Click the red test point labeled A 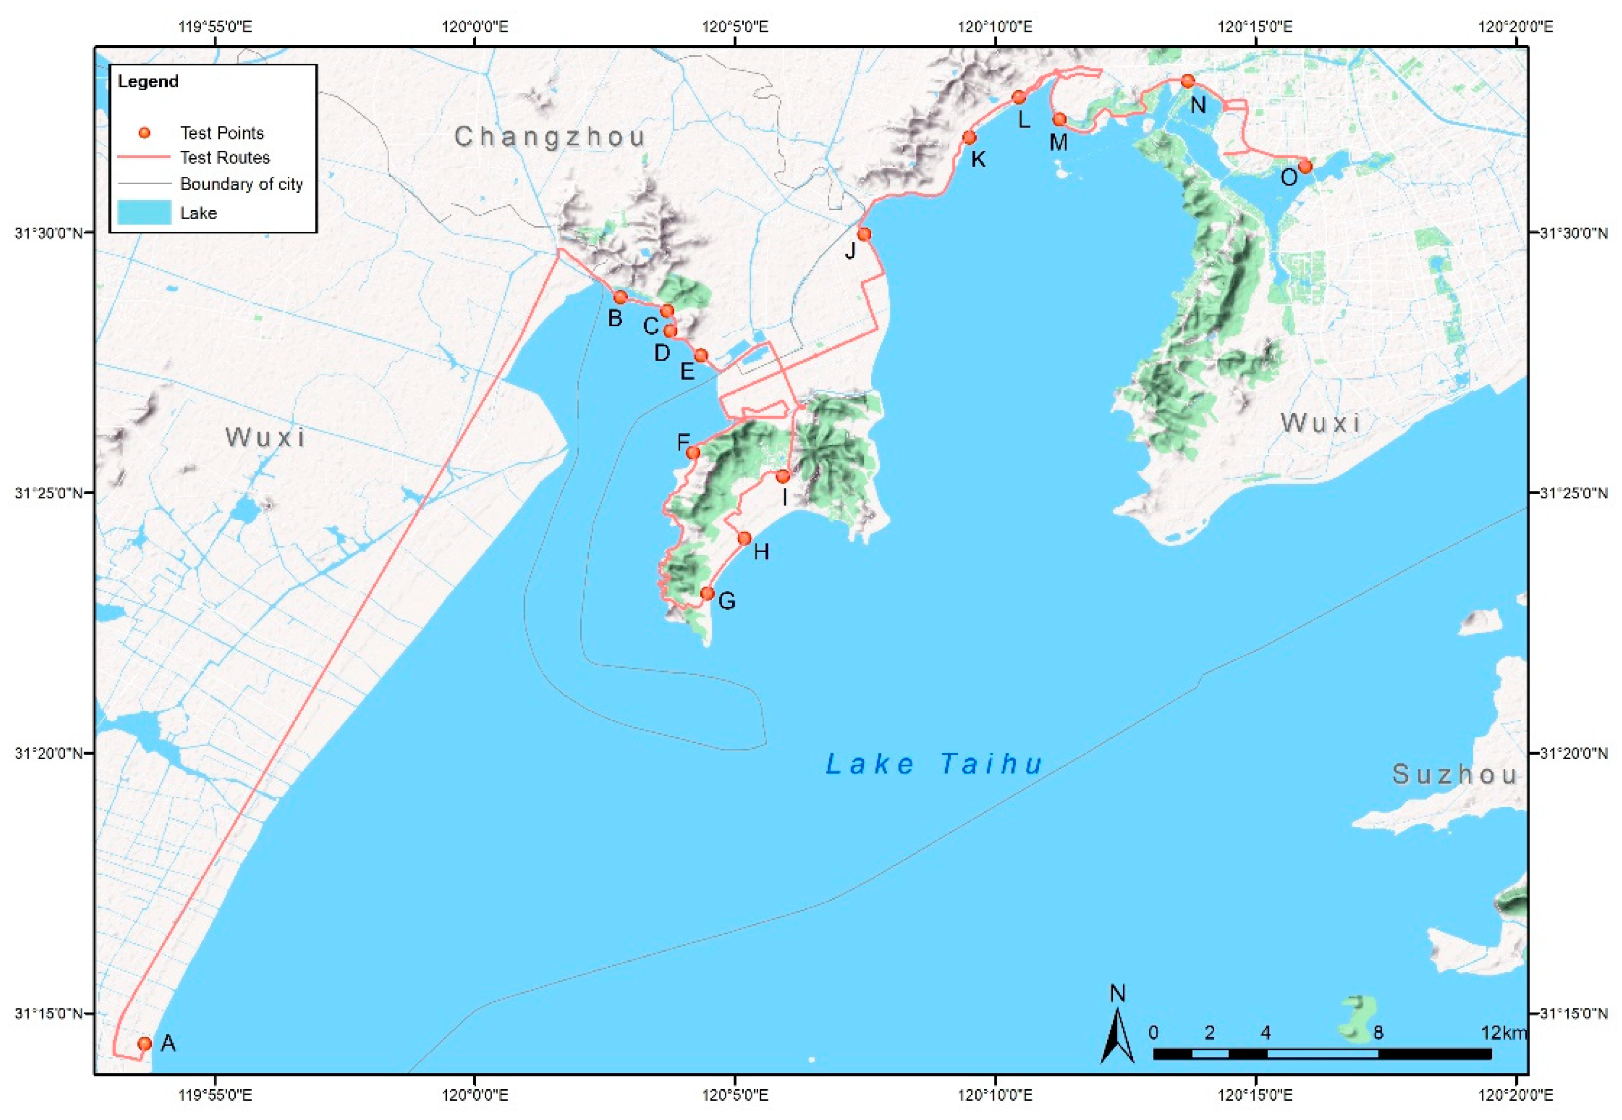pos(144,1044)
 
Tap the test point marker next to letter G pos(708,593)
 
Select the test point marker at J pos(864,234)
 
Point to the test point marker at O pos(1305,166)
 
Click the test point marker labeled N pos(1188,81)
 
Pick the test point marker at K pos(969,137)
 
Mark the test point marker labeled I pos(783,477)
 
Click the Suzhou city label pos(1454,775)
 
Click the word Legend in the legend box pos(148,81)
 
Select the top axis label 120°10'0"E pos(995,28)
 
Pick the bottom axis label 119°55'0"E pos(216,1095)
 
